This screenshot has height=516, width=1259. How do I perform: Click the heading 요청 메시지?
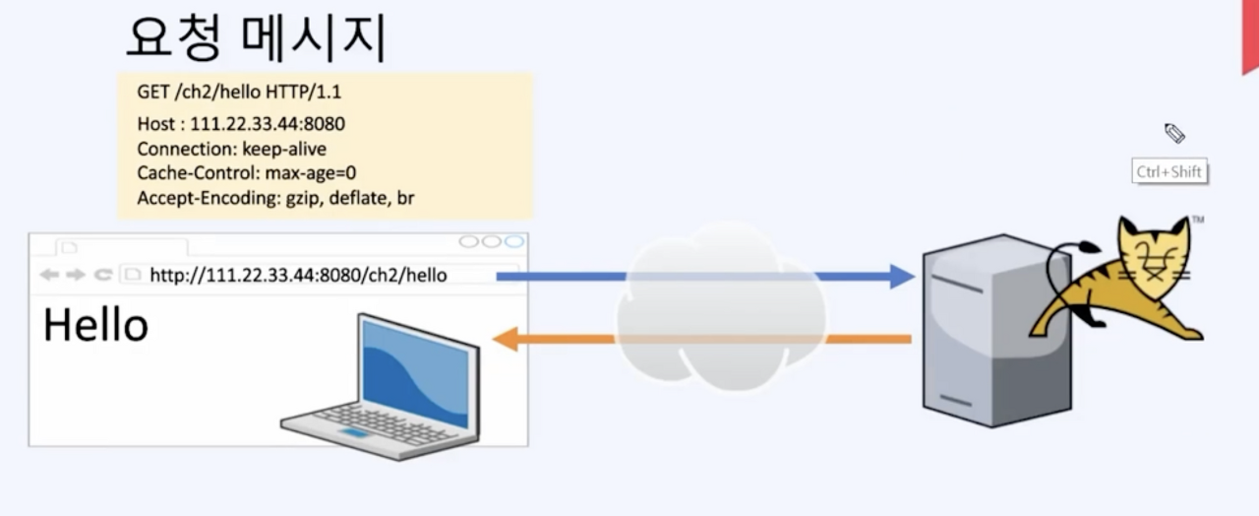256,39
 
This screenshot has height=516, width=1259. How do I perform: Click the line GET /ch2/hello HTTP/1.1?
239,93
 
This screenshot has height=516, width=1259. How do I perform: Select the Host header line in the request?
241,124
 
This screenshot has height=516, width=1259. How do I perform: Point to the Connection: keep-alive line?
231,149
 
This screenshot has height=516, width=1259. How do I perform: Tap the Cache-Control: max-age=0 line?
246,173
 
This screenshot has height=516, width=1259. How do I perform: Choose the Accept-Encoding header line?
275,198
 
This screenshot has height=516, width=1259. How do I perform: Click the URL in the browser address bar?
298,275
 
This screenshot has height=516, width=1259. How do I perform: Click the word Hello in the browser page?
95,325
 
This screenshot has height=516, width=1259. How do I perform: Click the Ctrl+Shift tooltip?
1169,171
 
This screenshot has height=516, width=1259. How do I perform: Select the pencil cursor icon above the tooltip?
1174,133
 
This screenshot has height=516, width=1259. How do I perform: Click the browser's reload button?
102,275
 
